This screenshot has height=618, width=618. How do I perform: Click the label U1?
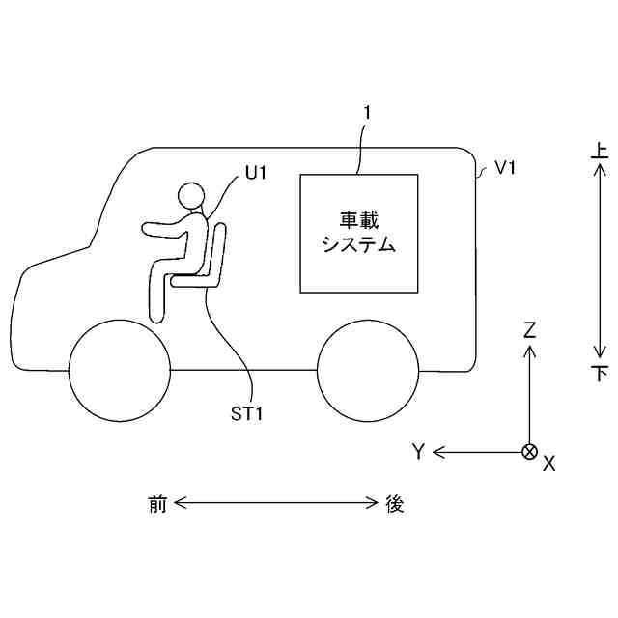point(256,173)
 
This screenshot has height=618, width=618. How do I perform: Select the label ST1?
point(247,413)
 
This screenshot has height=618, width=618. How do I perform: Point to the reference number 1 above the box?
point(366,113)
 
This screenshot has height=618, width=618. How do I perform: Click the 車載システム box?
point(359,233)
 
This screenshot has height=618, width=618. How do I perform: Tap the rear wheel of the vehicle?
point(369,370)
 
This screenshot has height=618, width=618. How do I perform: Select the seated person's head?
point(192,197)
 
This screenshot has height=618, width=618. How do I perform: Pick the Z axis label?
point(529,329)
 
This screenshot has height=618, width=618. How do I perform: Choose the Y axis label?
point(418,451)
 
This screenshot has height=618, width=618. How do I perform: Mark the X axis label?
point(549,463)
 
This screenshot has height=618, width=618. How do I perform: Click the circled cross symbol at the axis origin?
point(529,451)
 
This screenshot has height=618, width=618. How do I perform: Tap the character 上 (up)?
point(600,152)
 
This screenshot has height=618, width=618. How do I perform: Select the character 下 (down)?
point(600,373)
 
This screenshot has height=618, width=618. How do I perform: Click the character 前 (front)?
point(157,503)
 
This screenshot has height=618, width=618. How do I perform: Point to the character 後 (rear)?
point(394,503)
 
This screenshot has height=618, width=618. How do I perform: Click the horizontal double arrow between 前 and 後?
point(275,503)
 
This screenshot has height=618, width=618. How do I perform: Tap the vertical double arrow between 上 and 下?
point(600,261)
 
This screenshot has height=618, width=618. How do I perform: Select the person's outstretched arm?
point(166,229)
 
